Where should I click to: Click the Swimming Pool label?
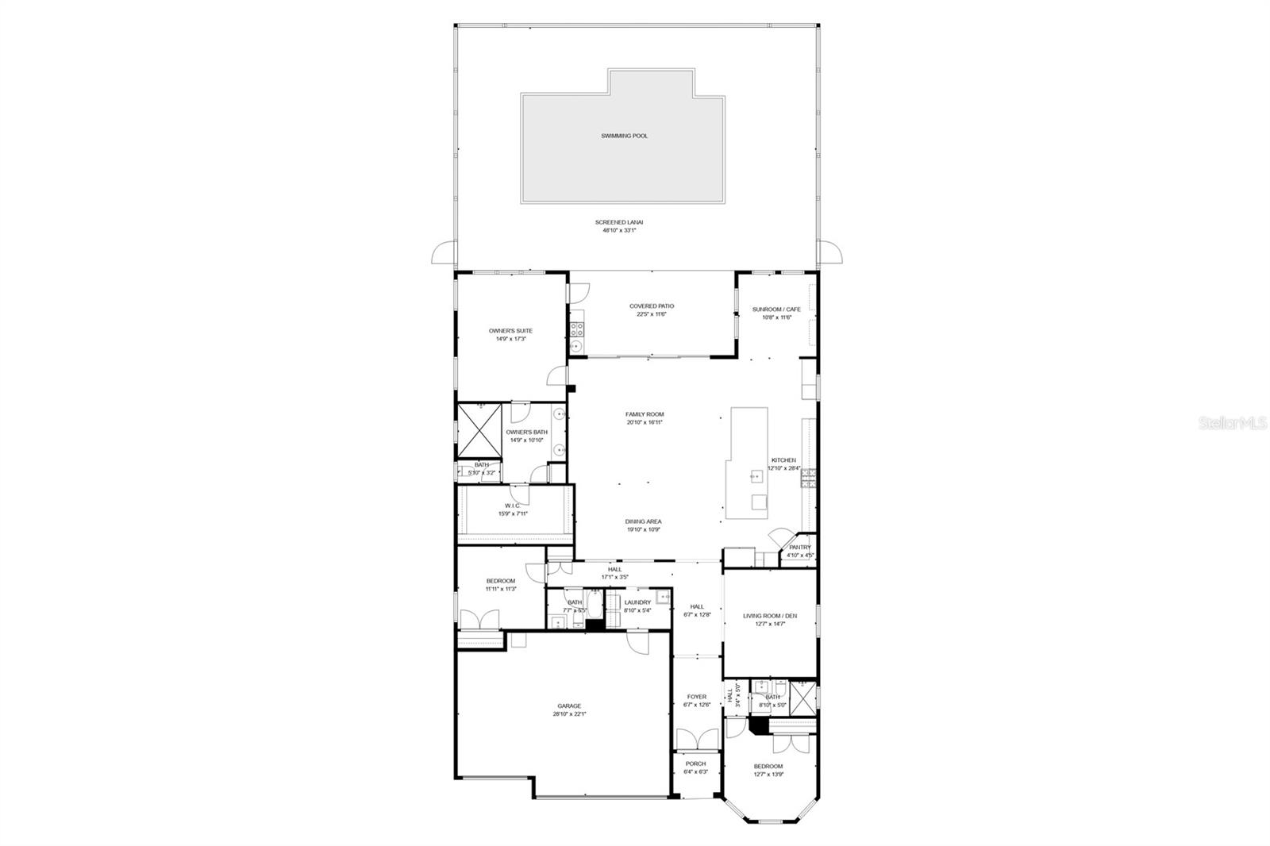[x=623, y=136]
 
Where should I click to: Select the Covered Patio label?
[x=652, y=306]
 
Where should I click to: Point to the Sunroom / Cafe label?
[x=777, y=309]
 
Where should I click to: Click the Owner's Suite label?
[x=510, y=330]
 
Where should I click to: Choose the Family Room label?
[x=645, y=414]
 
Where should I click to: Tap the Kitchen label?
[x=783, y=460]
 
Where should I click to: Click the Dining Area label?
[x=643, y=521]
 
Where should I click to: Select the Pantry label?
[x=800, y=547]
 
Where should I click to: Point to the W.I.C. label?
[x=512, y=506]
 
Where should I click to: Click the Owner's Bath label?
[x=527, y=432]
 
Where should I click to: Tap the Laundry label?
[x=637, y=602]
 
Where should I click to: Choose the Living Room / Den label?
[x=770, y=616]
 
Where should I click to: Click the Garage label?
[x=569, y=706]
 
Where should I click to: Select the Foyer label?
[x=696, y=697]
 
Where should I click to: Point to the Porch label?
[x=695, y=763]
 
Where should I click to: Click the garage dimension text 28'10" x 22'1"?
[x=569, y=714]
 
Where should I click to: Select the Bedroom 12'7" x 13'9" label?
[x=768, y=766]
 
